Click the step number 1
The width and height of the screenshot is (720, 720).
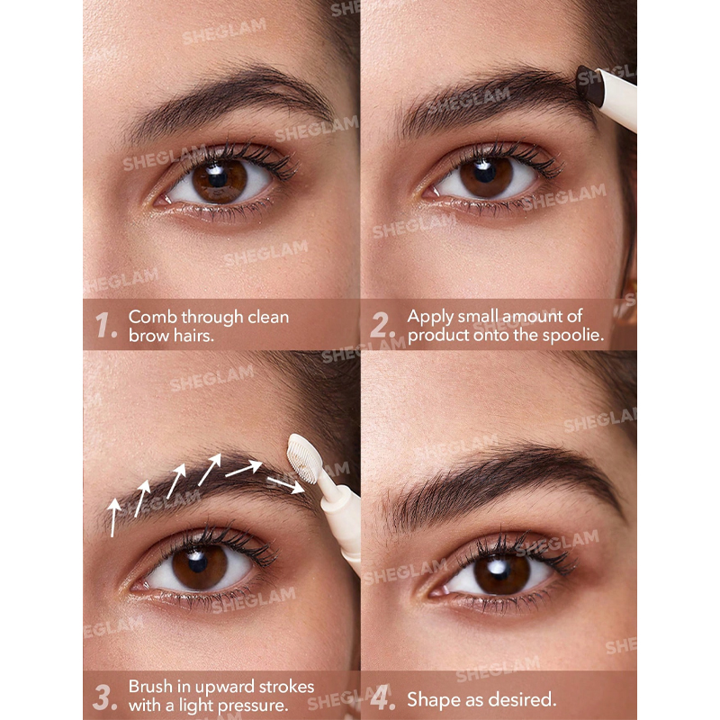tap(104, 325)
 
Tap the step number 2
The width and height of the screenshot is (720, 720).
tap(382, 325)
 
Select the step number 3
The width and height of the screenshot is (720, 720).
tap(104, 697)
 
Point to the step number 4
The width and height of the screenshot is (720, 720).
tap(382, 698)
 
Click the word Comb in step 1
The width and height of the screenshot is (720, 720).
tap(152, 317)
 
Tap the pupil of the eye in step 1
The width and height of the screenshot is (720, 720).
tap(217, 178)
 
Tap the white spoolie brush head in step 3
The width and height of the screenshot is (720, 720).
tap(303, 459)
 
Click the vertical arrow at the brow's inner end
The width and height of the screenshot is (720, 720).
tap(113, 517)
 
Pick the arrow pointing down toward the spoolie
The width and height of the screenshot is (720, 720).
tap(285, 485)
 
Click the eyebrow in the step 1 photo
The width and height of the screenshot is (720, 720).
tap(229, 100)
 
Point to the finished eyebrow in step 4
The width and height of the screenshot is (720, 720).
tap(505, 487)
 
